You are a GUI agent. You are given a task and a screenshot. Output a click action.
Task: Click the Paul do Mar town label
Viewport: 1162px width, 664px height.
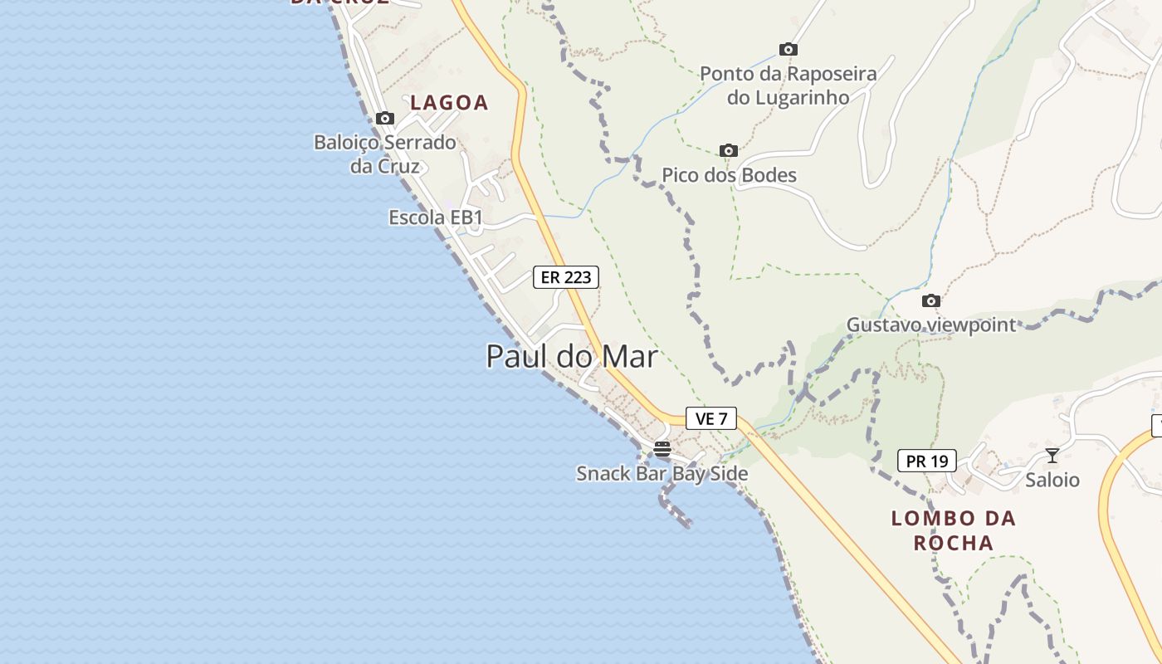571,357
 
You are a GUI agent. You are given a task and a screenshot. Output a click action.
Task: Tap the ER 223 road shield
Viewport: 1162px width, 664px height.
565,277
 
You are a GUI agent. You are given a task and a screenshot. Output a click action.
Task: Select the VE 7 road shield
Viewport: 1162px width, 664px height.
710,418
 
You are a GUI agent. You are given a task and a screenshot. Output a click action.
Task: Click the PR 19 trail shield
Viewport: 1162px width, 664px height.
926,461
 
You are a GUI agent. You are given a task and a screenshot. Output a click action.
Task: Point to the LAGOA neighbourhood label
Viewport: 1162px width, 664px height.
449,103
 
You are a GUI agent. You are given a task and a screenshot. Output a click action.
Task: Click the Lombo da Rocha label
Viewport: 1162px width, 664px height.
953,530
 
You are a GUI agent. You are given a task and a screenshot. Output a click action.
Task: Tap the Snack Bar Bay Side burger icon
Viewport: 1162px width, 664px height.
662,449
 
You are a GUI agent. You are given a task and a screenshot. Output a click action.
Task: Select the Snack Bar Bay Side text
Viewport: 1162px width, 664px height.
662,474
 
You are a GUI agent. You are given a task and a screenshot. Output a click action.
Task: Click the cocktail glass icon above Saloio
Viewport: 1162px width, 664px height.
1052,455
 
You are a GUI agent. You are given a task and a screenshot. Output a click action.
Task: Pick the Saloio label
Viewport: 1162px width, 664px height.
1052,480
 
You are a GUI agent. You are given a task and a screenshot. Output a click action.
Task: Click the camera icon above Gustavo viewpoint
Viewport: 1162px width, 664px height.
930,300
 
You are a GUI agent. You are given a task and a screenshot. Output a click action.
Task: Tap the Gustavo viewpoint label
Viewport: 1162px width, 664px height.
930,325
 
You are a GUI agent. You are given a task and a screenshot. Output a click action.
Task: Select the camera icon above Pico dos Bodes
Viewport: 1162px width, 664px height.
728,150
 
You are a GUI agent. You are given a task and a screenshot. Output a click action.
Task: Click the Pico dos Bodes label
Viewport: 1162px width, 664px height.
729,175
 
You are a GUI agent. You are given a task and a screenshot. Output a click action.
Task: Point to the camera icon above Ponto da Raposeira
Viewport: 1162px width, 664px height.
788,49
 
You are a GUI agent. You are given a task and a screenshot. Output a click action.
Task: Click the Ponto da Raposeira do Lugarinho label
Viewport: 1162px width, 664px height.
788,85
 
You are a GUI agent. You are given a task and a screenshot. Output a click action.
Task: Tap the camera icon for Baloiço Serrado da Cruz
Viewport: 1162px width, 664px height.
384,118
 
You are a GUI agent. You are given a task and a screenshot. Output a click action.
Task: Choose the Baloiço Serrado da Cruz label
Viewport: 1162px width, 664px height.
384,154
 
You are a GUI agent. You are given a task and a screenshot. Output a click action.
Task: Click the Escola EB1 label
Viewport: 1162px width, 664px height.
435,217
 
